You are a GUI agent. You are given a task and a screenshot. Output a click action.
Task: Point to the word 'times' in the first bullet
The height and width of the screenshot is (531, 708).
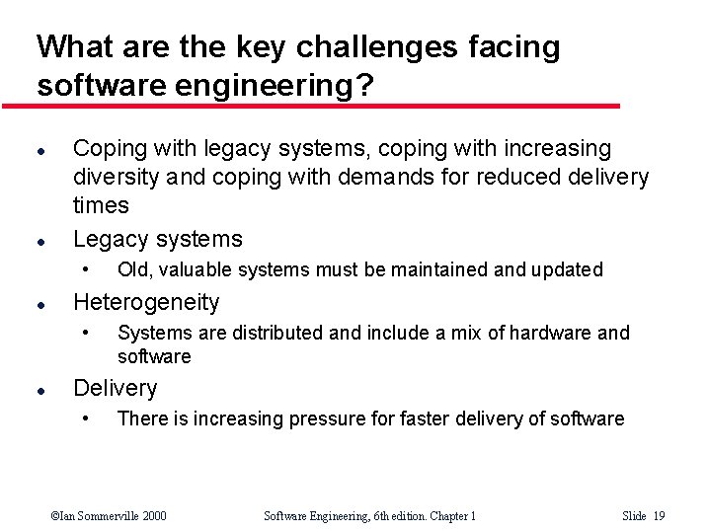(101, 205)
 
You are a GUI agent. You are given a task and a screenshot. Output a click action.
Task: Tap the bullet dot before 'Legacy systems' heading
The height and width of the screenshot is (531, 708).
(39, 240)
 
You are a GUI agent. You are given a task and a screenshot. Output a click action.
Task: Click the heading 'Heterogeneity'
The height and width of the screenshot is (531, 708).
(146, 302)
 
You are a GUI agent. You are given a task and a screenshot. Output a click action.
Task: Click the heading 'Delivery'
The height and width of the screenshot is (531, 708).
(116, 388)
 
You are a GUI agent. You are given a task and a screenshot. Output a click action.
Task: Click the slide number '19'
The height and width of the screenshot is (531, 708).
(659, 515)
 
